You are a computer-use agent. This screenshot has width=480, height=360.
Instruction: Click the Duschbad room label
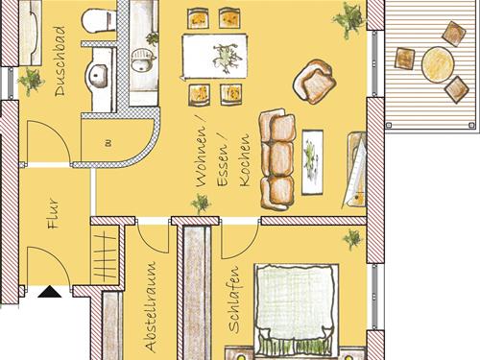tap(60, 61)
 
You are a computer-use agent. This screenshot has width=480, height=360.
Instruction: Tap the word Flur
tap(53, 213)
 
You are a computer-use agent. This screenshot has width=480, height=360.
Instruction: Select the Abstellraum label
tap(151, 306)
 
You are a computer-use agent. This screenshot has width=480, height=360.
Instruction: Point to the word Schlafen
tap(234, 299)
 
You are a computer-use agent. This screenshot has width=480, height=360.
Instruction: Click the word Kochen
tap(244, 159)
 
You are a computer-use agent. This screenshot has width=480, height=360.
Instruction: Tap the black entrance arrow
tap(49, 292)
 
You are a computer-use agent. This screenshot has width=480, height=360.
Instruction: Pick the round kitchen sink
tap(141, 60)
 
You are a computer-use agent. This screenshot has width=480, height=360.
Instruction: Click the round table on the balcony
tap(438, 65)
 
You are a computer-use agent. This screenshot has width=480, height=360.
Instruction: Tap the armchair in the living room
tap(315, 82)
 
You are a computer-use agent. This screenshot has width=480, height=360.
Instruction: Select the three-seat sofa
tap(276, 159)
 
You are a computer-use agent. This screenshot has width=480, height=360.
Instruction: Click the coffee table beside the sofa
tap(312, 162)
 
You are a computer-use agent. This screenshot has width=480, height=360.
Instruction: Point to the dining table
tap(215, 57)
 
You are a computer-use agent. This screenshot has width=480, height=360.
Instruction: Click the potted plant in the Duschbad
tap(31, 81)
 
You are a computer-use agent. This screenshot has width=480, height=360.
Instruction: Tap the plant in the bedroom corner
tap(352, 238)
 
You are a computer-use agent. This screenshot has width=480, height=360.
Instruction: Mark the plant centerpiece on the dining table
tap(227, 58)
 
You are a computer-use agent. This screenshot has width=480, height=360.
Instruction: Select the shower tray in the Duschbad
tap(31, 33)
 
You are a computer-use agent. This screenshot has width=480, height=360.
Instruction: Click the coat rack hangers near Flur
tap(106, 256)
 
